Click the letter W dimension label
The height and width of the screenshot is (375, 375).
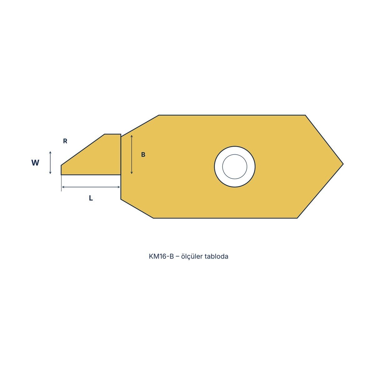35,162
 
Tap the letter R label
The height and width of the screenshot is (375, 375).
65,141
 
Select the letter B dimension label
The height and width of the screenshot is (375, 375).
143,154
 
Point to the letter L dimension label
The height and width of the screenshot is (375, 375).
91,198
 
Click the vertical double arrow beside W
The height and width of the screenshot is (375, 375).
50,162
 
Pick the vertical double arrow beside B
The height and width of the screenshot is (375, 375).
132,154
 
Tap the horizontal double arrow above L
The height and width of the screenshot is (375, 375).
91,187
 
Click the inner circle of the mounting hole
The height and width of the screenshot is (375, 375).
235,167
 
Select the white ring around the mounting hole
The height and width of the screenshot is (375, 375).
218,167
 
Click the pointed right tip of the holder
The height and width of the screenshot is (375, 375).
343,164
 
